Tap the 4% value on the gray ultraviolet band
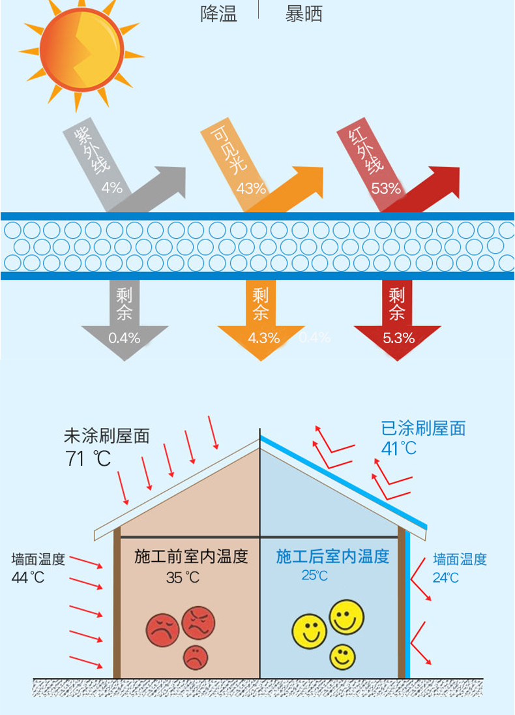[x=112, y=187]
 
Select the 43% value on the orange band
[x=251, y=188]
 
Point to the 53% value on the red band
[x=386, y=188]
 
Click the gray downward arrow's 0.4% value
[x=124, y=338]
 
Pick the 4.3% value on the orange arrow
[x=263, y=338]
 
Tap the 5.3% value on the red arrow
[x=399, y=338]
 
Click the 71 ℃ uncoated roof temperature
[x=88, y=458]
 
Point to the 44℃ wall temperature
[x=28, y=578]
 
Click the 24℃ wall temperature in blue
[x=446, y=578]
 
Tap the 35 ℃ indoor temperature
[x=183, y=578]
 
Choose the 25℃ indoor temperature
[x=314, y=575]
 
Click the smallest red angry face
[x=196, y=658]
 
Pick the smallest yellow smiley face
[x=342, y=657]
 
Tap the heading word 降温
[x=219, y=14]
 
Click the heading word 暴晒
[x=304, y=14]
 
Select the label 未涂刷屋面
[x=107, y=436]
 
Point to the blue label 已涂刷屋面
[x=423, y=429]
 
